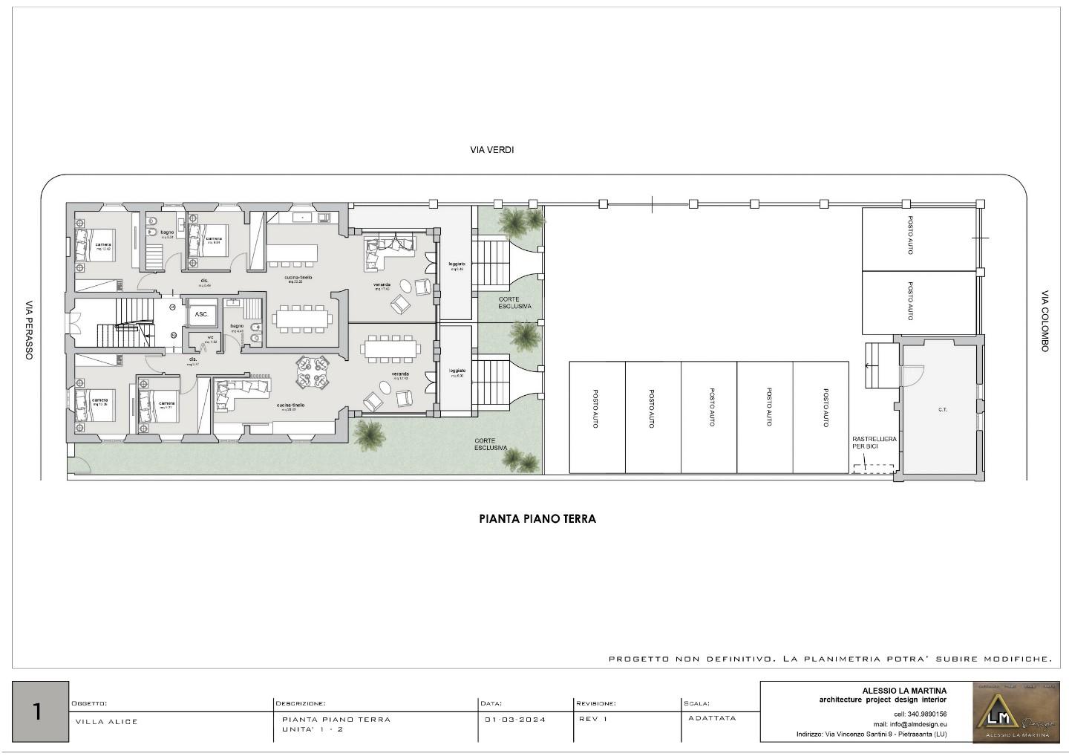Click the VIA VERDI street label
pyautogui.click(x=491, y=150)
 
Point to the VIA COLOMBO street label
pyautogui.click(x=1045, y=321)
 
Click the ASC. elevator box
pyautogui.click(x=202, y=314)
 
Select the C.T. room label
pyautogui.click(x=942, y=410)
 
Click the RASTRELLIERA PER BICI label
pyautogui.click(x=874, y=443)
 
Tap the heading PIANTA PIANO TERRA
pyautogui.click(x=537, y=519)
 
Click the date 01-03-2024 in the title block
pyautogui.click(x=515, y=719)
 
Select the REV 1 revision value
pyautogui.click(x=593, y=719)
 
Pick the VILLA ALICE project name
pyautogui.click(x=107, y=721)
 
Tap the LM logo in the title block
pyautogui.click(x=1016, y=711)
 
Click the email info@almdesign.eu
pyautogui.click(x=909, y=724)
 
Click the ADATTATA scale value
pyautogui.click(x=712, y=718)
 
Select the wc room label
pyautogui.click(x=210, y=338)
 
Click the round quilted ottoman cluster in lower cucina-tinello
pyautogui.click(x=313, y=371)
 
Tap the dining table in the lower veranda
pyautogui.click(x=390, y=347)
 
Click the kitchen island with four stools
pyautogui.click(x=292, y=254)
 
